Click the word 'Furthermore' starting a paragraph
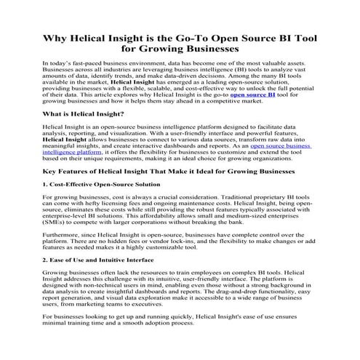click(62, 236)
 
